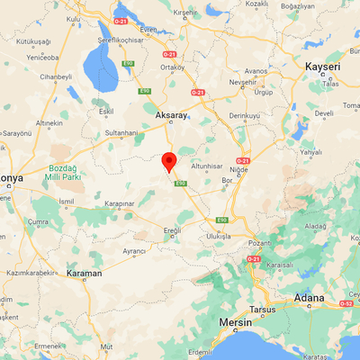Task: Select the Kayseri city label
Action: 327,67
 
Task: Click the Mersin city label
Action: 238,321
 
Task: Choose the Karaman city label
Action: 85,272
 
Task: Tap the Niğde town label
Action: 238,167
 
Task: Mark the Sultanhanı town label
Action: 123,132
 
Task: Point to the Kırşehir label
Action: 185,13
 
